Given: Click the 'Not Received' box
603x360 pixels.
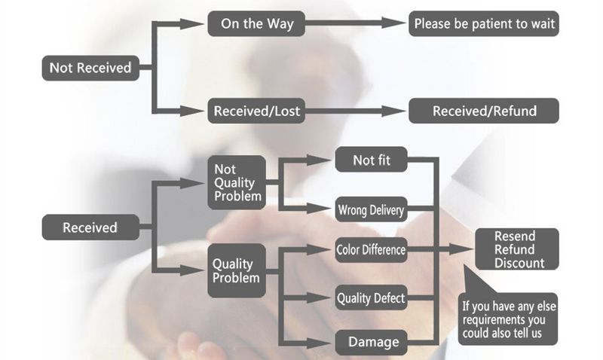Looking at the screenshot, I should (x=90, y=68).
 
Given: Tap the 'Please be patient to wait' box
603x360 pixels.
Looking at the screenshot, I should (x=484, y=23).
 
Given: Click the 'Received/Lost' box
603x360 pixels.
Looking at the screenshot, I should (x=257, y=111).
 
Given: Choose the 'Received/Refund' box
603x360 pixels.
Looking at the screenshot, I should (x=484, y=111).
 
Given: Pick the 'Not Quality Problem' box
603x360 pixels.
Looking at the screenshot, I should (x=236, y=182).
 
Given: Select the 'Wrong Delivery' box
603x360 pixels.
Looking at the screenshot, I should (x=372, y=209).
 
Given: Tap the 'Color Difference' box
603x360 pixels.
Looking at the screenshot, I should (x=370, y=249).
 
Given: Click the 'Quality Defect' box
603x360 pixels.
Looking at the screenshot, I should (x=370, y=298).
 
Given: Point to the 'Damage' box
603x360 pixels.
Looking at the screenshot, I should (x=372, y=342).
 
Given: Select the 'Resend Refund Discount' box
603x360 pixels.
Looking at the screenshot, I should (x=516, y=249).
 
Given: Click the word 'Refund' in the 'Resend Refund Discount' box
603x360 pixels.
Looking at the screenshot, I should (x=516, y=250).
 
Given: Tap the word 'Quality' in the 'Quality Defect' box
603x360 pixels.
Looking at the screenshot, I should (x=354, y=298).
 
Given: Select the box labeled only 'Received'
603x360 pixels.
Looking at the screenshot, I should (x=90, y=227).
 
